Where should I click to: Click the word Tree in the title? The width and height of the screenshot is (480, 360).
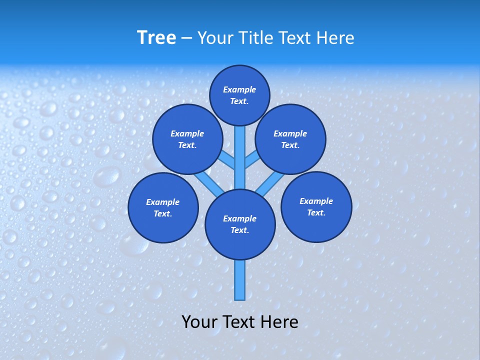156,37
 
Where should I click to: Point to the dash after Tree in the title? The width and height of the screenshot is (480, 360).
186,38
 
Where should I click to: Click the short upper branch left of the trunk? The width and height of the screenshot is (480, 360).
227,160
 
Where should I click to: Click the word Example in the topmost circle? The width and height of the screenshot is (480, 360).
239,89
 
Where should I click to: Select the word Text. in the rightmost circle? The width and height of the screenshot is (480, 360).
316,212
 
